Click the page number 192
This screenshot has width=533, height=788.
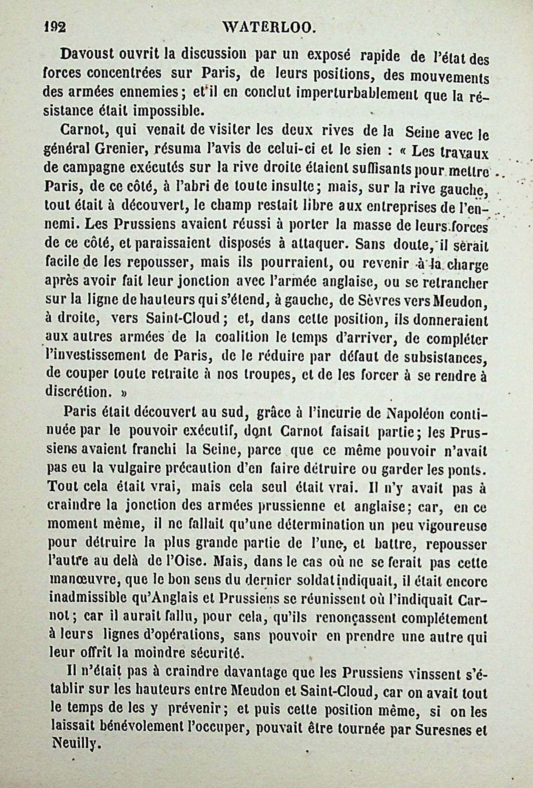(55, 27)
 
